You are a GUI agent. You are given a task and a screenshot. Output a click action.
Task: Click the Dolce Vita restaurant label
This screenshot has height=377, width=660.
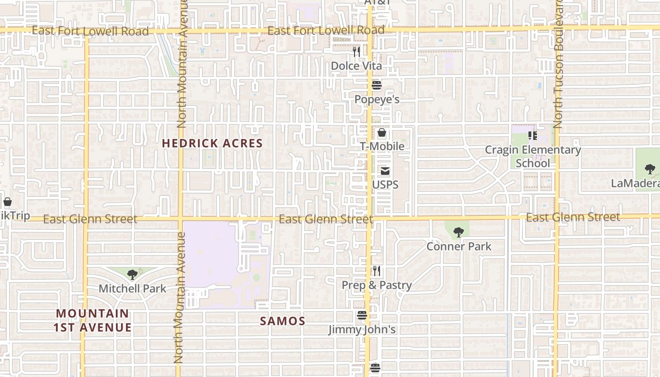[x=356, y=66]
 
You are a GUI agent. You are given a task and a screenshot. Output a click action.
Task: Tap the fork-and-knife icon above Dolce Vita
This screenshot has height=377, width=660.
[x=357, y=51]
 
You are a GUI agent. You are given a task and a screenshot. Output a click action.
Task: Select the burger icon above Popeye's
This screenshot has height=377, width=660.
[x=376, y=85]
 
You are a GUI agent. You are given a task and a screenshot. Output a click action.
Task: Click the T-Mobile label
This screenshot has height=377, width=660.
[x=382, y=146]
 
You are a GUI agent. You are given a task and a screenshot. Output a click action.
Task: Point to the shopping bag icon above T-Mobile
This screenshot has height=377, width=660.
[x=382, y=132]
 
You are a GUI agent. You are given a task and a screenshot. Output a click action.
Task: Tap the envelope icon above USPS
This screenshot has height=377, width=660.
[x=385, y=171]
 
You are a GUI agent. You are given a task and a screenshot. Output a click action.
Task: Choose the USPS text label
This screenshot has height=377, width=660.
[x=385, y=185]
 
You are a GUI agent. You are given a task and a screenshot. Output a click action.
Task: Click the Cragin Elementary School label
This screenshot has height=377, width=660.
[x=533, y=156]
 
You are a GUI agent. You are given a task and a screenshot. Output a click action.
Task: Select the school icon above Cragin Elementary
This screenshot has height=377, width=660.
[x=533, y=136]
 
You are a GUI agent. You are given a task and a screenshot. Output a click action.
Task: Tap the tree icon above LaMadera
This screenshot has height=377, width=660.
[x=650, y=169]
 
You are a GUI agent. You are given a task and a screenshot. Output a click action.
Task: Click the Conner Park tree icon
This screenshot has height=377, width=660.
[x=458, y=232]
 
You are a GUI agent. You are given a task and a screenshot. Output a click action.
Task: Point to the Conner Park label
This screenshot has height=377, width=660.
[x=459, y=246]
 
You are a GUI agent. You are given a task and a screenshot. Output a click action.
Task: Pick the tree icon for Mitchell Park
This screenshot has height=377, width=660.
[x=132, y=274]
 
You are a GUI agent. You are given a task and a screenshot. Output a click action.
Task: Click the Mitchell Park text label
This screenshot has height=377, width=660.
[x=132, y=288]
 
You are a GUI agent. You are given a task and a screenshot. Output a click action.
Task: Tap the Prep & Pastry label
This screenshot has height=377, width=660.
[x=377, y=285]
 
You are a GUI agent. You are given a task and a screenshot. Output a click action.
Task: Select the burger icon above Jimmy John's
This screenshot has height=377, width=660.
[x=362, y=315]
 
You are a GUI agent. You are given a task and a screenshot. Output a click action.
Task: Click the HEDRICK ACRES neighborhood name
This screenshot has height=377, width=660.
[x=212, y=143]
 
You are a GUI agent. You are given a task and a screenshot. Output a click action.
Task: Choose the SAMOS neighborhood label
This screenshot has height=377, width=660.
[x=283, y=321]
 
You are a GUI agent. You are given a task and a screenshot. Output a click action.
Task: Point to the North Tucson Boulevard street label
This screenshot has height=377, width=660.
[x=558, y=64]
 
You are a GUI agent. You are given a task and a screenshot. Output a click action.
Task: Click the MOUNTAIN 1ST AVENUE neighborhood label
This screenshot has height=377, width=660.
[x=92, y=320]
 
